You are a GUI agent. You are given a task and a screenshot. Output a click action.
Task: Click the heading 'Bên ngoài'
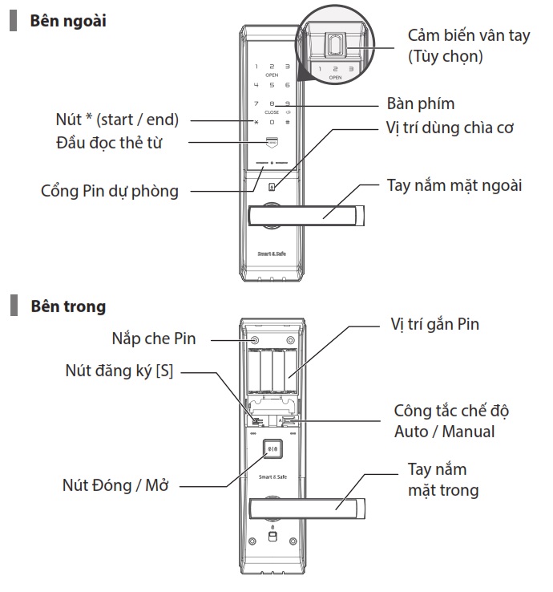tap(67, 21)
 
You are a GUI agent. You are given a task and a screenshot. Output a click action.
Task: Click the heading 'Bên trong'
tap(67, 306)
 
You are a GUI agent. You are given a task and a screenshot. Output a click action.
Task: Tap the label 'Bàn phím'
tap(420, 104)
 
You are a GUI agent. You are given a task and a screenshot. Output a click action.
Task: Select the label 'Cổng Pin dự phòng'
tap(110, 191)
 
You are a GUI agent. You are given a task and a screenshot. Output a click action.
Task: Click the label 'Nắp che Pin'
tap(154, 339)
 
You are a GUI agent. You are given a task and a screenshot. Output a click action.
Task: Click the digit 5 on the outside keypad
tap(272, 84)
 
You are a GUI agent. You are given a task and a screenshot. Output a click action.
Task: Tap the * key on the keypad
tap(256, 122)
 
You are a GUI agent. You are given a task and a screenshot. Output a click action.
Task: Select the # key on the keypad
tap(288, 122)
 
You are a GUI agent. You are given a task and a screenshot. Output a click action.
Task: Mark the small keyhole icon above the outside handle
tap(272, 189)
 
